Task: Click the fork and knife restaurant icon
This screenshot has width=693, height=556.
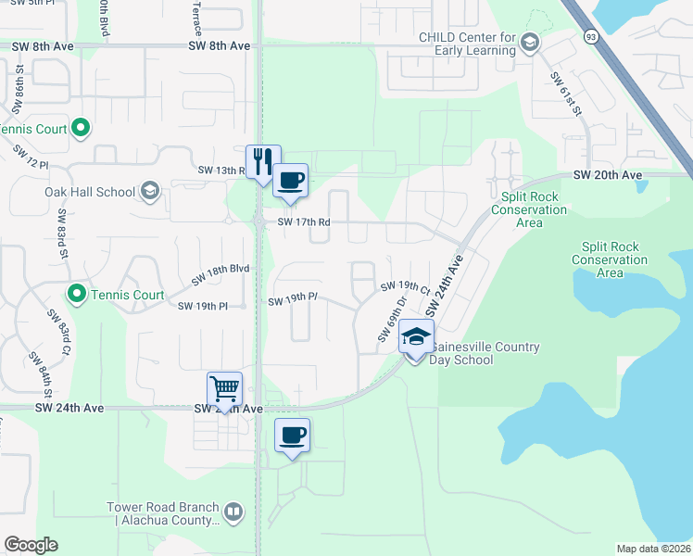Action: (x=262, y=161)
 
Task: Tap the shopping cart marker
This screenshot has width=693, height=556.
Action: (x=225, y=388)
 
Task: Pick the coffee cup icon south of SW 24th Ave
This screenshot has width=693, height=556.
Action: (x=293, y=435)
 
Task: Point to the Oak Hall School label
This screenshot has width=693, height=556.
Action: (x=90, y=192)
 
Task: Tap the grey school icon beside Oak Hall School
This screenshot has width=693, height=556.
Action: (x=149, y=192)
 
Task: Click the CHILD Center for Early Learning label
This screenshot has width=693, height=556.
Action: (x=465, y=44)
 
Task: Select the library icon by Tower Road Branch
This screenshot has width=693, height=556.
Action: (x=234, y=511)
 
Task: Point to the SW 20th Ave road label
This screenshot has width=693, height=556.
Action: (x=607, y=175)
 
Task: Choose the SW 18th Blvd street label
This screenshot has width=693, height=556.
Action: (x=220, y=274)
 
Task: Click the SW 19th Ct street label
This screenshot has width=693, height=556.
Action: (x=404, y=287)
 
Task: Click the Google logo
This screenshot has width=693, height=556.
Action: (x=31, y=545)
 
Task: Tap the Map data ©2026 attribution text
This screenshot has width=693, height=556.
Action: (x=653, y=549)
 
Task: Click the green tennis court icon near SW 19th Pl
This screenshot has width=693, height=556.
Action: (x=77, y=296)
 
